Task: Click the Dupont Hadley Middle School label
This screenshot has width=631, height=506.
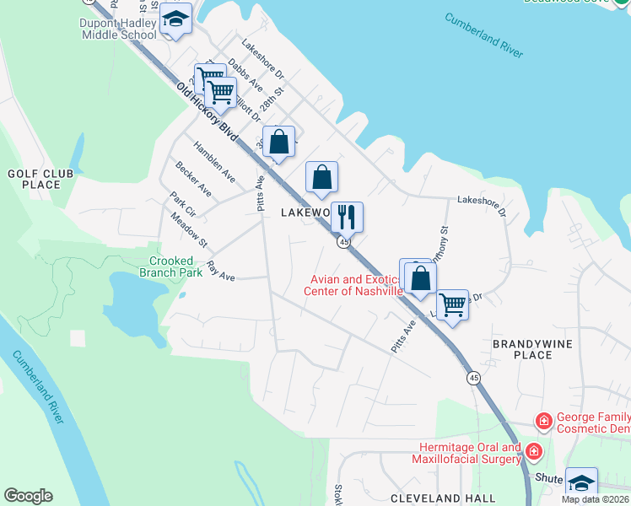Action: click(x=119, y=29)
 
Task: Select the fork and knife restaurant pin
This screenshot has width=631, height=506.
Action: click(x=347, y=218)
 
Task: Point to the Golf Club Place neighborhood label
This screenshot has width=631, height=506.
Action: click(x=35, y=179)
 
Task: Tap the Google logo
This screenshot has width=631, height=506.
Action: click(x=28, y=496)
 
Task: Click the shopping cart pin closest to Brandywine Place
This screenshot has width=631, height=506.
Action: click(x=453, y=305)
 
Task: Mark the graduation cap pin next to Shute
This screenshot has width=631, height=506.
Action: click(x=581, y=483)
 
